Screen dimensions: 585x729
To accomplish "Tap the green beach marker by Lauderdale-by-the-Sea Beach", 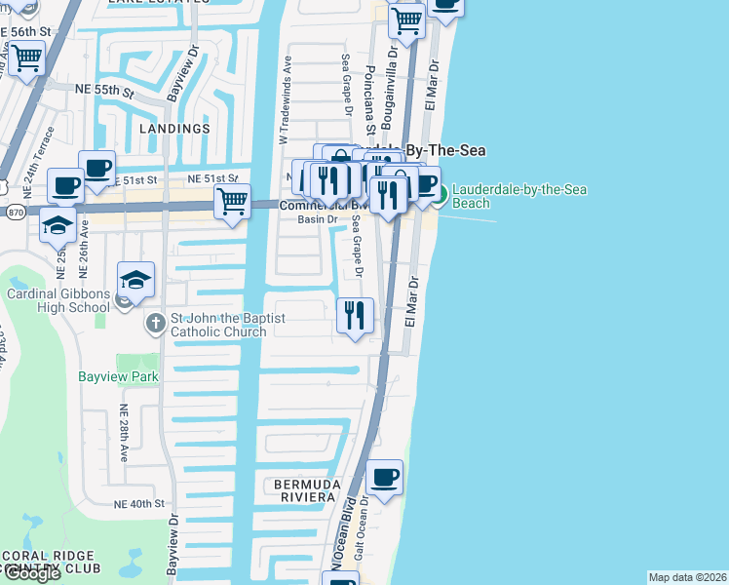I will pos(440,195).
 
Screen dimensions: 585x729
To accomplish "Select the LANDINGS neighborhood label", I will pos(174,129).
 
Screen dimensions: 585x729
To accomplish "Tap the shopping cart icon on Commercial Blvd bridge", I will pos(232,202).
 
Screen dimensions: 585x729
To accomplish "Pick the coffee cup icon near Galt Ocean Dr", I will pos(385,478).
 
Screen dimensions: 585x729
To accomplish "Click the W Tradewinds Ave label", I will pos(286,99).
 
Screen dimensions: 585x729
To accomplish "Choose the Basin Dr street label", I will pos(317,219).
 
